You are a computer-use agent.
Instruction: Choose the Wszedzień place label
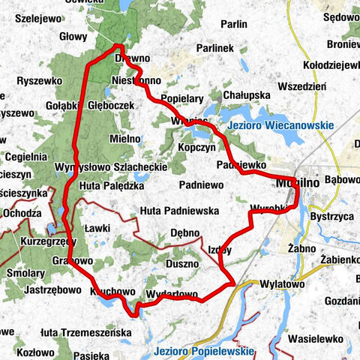pos(301,86)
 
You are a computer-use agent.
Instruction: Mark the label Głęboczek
pos(111,106)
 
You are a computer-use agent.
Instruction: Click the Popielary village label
pos(182,98)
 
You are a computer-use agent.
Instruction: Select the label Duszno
pos(182,263)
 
